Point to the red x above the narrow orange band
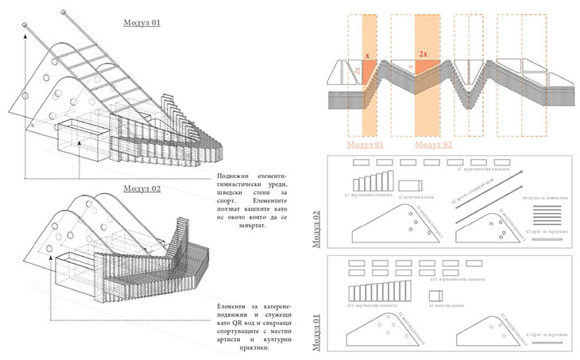tap(368, 56)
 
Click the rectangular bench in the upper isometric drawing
tap(79, 143)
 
